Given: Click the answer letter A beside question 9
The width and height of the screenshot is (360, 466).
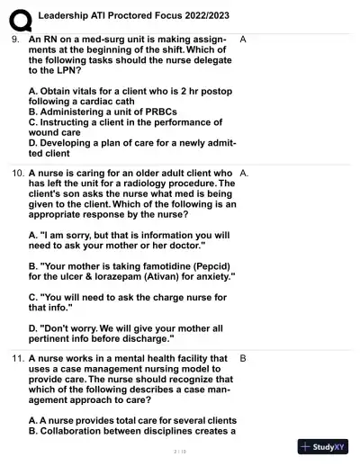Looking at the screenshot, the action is click(244, 40).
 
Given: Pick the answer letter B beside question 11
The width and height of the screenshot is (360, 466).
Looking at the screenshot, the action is click(244, 357).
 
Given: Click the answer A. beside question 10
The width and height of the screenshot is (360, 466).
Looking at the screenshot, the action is click(245, 170).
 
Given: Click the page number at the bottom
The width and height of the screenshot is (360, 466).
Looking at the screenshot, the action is click(179, 451).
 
